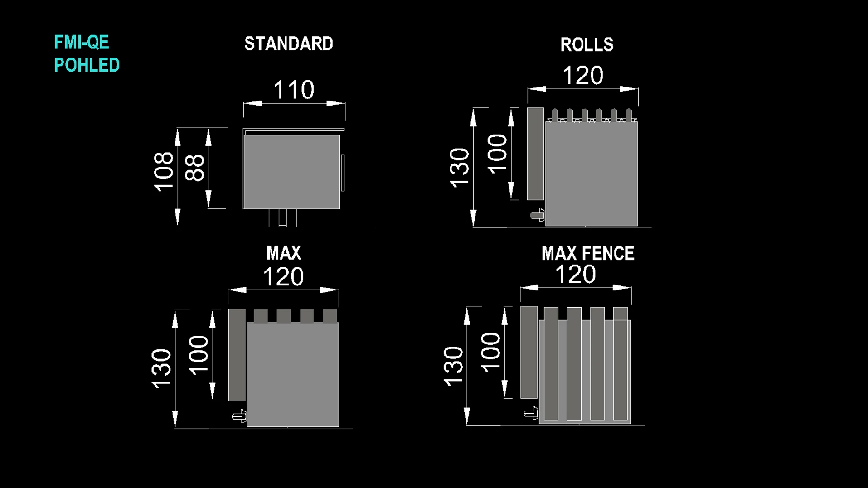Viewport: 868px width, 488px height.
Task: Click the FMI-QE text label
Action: (82, 42)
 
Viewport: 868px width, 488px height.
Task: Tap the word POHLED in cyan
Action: (87, 65)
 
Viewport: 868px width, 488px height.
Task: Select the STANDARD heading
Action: (289, 44)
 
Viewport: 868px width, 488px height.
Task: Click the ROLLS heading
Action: (587, 45)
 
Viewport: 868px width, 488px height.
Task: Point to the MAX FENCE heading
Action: (587, 254)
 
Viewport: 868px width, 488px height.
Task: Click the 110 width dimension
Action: (294, 90)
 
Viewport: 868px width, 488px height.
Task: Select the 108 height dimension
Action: (164, 172)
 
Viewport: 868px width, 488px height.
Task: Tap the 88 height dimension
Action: (195, 168)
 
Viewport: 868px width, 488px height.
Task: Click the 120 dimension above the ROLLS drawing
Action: (583, 75)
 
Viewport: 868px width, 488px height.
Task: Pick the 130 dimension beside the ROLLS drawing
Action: (459, 167)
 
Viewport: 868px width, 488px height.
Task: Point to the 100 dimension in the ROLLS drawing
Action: (497, 154)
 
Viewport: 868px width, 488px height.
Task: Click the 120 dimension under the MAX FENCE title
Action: (575, 275)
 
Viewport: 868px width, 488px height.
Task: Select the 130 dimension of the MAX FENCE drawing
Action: (453, 366)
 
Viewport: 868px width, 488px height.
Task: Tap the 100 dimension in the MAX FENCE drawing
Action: (490, 352)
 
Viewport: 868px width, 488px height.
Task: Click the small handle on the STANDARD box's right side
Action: (343, 173)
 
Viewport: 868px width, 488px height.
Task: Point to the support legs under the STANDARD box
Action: (282, 217)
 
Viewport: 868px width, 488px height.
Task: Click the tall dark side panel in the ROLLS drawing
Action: (535, 154)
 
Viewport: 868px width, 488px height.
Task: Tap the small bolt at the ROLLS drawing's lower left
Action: (538, 215)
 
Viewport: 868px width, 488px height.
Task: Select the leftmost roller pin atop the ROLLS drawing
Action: (555, 115)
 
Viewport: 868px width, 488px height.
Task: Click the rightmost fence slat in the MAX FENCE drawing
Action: (621, 364)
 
